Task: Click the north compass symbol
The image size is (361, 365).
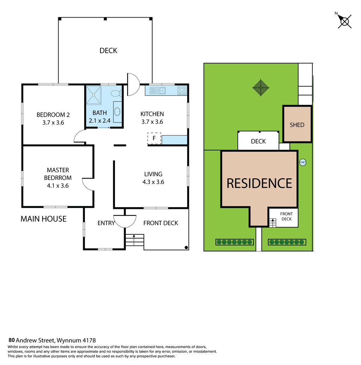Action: (x=344, y=21)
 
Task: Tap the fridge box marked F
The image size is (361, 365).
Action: (x=154, y=138)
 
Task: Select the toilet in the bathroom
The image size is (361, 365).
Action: (x=116, y=94)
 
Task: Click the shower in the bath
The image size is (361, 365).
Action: (x=94, y=95)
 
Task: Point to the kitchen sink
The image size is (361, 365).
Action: (x=158, y=91)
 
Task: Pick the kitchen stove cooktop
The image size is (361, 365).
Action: (x=182, y=90)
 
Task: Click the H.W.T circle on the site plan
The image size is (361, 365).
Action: (x=302, y=162)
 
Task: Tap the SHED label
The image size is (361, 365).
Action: (x=297, y=125)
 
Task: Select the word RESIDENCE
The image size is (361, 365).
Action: (x=259, y=183)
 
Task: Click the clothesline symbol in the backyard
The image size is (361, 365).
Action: (x=261, y=88)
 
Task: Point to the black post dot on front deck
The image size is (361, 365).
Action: (x=186, y=247)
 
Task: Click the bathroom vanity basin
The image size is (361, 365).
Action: (x=117, y=112)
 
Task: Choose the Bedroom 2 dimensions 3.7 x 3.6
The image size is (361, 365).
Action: (x=53, y=123)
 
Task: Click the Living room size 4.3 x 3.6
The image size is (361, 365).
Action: (x=153, y=182)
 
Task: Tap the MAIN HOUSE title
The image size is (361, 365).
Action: (x=44, y=219)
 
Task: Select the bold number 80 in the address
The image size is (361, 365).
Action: (x=12, y=340)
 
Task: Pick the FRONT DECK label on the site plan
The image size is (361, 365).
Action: (x=287, y=216)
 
